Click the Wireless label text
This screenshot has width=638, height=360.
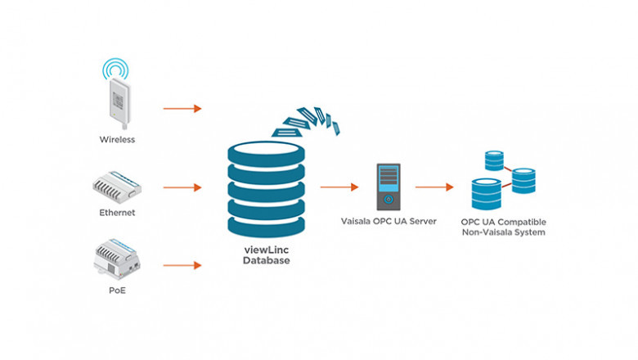(117, 140)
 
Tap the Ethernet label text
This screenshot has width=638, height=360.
(117, 213)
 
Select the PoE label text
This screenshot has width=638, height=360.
(117, 290)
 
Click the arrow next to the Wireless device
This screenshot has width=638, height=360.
(182, 108)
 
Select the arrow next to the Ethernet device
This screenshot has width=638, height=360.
(182, 187)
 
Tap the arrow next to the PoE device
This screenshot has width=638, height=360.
(182, 265)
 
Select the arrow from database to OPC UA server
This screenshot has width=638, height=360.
(339, 187)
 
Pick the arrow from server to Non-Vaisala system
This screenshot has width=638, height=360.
(434, 187)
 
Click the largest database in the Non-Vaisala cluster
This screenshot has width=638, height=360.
(486, 193)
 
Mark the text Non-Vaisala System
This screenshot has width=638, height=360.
(502, 232)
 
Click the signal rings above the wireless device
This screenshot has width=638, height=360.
(117, 69)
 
